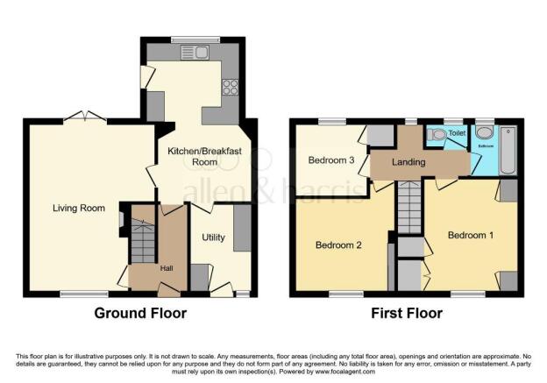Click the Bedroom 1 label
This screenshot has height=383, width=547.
click(470, 235)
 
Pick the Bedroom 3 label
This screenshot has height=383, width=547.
click(330, 160)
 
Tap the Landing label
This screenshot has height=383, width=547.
click(408, 162)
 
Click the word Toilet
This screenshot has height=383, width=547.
click(457, 134)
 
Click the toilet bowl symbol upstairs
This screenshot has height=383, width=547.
click(436, 135)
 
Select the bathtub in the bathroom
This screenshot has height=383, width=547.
click(510, 149)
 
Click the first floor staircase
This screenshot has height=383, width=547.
click(409, 206)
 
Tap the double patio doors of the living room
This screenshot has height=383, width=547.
click(85, 116)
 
